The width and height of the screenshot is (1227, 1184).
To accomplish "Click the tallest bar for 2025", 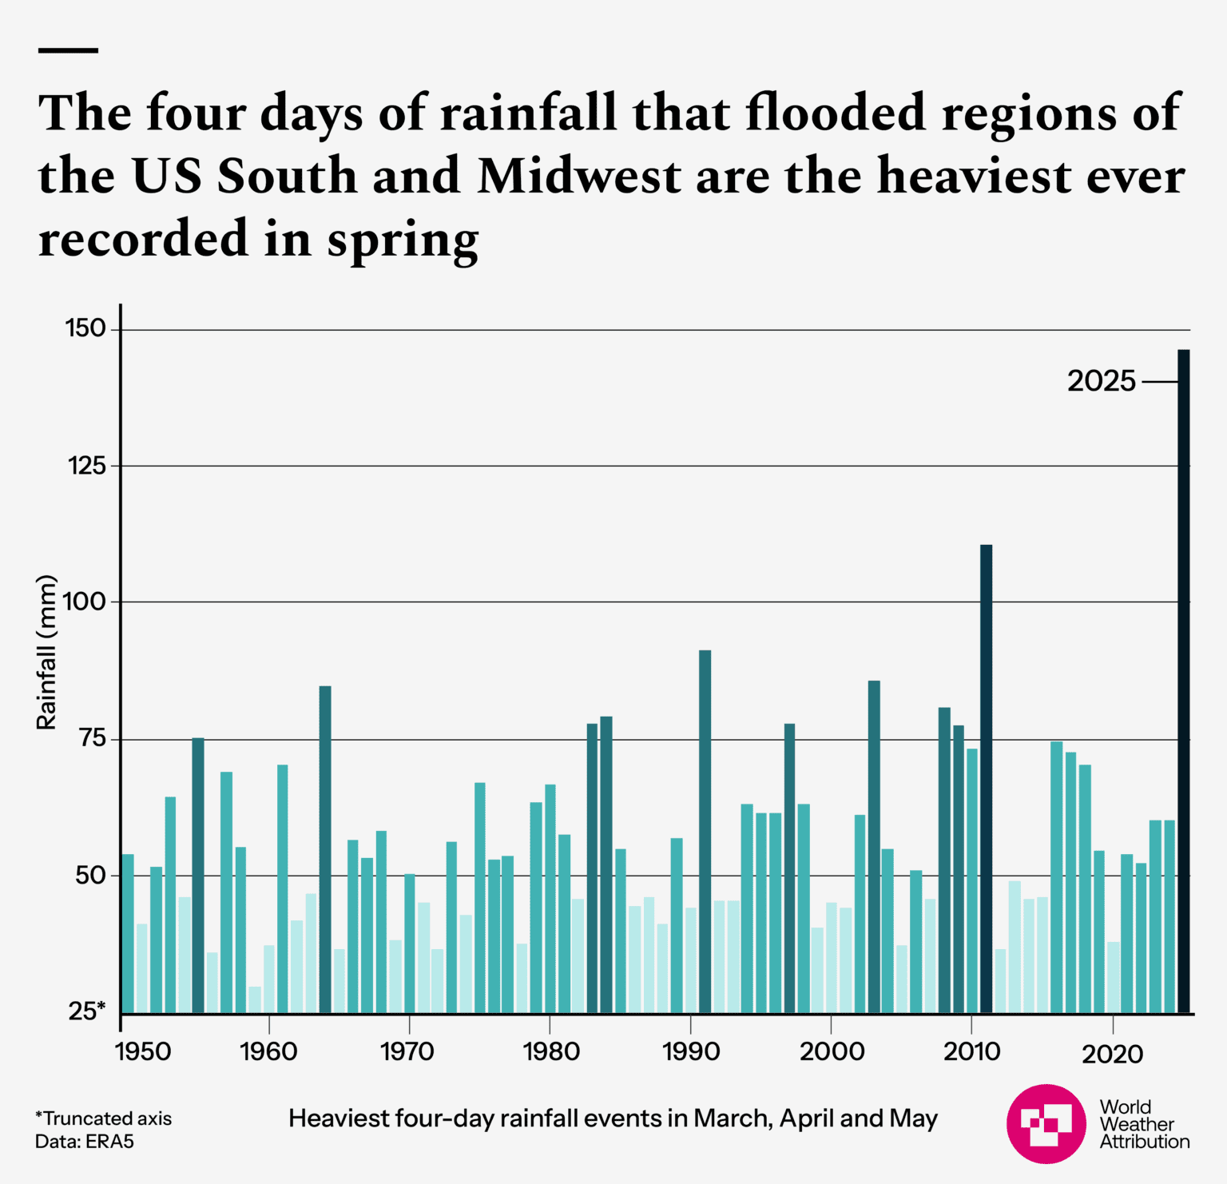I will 1183,679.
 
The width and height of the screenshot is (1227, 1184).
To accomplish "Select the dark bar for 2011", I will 986,779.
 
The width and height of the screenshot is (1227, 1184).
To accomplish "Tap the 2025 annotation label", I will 1101,381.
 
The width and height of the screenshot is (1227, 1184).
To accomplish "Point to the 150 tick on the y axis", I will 85,328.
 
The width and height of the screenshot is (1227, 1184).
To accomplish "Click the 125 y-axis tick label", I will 87,465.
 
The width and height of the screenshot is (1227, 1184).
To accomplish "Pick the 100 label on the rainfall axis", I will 85,602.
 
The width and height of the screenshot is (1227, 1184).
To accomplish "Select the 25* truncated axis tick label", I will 87,1011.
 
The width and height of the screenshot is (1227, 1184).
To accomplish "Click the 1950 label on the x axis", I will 143,1051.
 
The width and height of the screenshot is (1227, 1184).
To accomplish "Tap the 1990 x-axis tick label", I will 691,1051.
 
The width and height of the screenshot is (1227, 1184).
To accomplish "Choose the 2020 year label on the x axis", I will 1112,1054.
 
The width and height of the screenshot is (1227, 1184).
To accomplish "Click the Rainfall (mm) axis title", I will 47,652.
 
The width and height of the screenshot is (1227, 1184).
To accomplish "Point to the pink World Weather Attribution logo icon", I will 1046,1123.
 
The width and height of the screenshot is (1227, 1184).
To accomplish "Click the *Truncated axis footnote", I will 103,1118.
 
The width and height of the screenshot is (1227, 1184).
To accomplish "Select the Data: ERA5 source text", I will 85,1142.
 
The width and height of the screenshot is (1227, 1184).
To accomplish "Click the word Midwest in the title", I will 579,176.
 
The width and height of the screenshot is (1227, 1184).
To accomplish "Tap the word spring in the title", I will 403,240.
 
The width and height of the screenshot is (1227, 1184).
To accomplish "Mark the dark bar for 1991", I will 705,831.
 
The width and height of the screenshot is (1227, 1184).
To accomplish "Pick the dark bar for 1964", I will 325,848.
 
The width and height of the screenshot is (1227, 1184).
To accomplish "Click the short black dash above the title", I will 68,50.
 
